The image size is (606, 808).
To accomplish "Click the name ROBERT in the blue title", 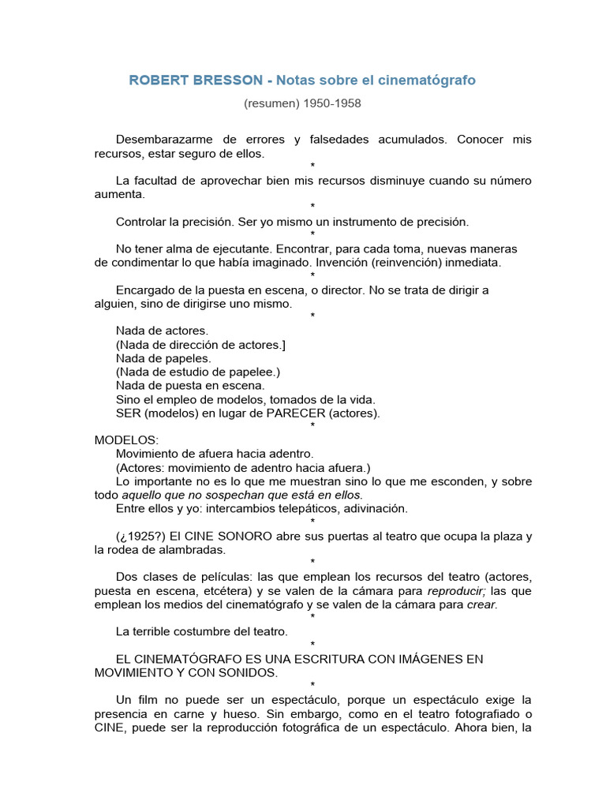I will pos(155,80).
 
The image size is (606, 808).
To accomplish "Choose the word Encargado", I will pos(145,290).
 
